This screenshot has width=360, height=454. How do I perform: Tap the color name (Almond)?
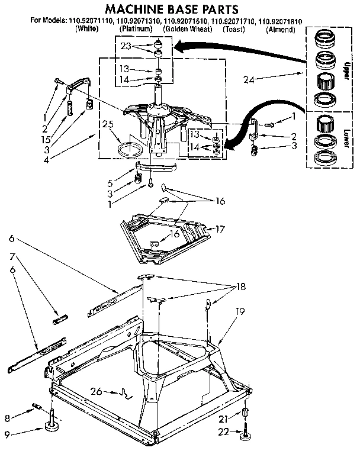[x=280, y=29]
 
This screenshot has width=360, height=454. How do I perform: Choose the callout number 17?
[x=220, y=228]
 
